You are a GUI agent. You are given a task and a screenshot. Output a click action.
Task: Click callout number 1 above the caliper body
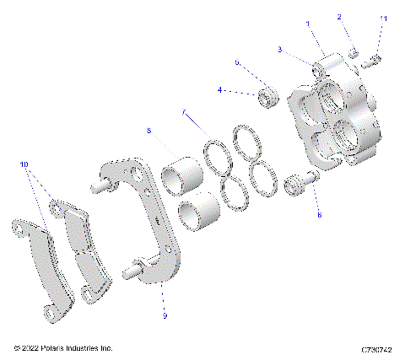pos(309,24)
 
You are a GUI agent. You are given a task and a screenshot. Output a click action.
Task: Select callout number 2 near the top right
pos(340,17)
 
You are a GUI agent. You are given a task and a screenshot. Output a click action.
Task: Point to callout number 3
pos(279,50)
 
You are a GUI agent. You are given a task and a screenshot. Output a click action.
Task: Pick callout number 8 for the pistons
pos(148,131)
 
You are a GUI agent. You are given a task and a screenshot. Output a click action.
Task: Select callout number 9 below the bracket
pos(165,315)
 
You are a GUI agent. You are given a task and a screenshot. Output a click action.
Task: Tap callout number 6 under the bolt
pos(319,215)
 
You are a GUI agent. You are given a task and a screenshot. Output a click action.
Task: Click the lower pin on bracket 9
pos(132,271)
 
